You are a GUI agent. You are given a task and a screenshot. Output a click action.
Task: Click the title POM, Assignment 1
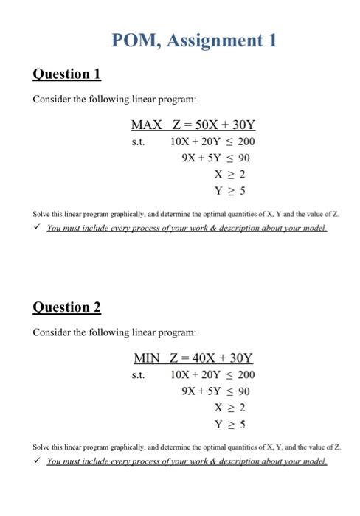pos(194,40)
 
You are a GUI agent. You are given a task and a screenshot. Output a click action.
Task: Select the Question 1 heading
pos(66,74)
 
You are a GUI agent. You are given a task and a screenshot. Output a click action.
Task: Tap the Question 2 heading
pos(66,307)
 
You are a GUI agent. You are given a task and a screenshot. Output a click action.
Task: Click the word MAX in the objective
pos(146,124)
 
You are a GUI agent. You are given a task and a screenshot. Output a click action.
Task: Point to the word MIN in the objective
pos(147,358)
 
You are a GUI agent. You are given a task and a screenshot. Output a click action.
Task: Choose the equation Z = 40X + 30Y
pos(212,358)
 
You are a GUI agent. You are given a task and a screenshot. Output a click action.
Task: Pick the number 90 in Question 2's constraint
pos(243,391)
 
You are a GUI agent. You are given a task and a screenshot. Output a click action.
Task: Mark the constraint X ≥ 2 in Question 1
pos(229,175)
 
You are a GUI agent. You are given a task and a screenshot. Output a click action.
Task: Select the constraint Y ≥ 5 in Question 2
pos(229,425)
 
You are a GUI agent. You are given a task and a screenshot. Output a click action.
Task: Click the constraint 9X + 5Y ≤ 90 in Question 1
pos(215,158)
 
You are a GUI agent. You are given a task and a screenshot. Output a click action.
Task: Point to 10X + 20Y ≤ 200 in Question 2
pos(212,375)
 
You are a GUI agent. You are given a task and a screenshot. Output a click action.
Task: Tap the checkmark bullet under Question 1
pos(37,229)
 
